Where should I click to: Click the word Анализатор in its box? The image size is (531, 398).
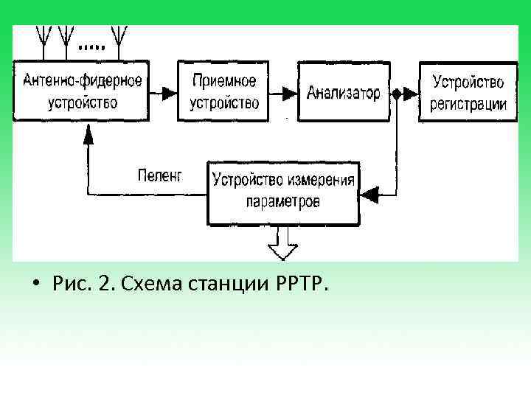click(x=344, y=93)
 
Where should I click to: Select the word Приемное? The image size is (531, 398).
click(x=224, y=80)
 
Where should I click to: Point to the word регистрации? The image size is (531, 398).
click(x=469, y=103)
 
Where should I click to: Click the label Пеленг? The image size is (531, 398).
click(x=159, y=175)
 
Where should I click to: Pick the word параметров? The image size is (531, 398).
click(x=284, y=201)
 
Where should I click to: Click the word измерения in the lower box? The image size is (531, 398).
click(x=318, y=179)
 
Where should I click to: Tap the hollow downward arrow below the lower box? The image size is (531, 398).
click(x=283, y=243)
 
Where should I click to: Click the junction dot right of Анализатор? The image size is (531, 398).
click(x=397, y=93)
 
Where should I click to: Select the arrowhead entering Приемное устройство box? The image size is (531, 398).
click(x=170, y=93)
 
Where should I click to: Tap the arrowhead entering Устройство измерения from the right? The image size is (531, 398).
click(x=369, y=195)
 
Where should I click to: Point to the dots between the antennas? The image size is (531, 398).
click(x=91, y=46)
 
